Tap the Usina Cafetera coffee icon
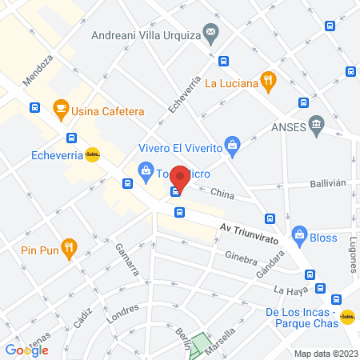[x=60, y=107]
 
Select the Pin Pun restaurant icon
[x=70, y=247]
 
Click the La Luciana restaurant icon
[x=268, y=81]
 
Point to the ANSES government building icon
[x=316, y=124]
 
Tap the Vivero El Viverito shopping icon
[x=232, y=145]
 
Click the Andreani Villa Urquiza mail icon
[x=211, y=34]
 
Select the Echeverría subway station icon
[x=93, y=156]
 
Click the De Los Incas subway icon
[x=347, y=317]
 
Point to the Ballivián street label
[x=328, y=183]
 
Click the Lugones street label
[x=354, y=255]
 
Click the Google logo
[x=26, y=350]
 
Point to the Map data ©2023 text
[x=326, y=353]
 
